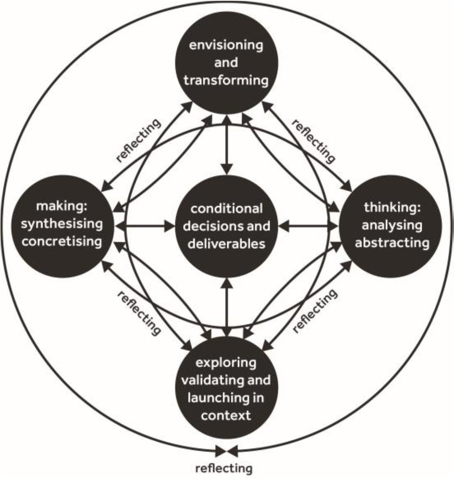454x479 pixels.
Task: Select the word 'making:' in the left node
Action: click(59, 207)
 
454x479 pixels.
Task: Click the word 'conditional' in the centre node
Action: click(228, 208)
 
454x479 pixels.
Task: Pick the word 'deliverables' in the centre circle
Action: click(228, 245)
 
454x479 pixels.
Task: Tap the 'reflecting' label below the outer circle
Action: click(223, 469)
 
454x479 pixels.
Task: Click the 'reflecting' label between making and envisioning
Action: click(138, 140)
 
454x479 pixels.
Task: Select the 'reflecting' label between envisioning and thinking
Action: click(314, 141)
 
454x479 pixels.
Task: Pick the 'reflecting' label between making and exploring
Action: click(138, 312)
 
